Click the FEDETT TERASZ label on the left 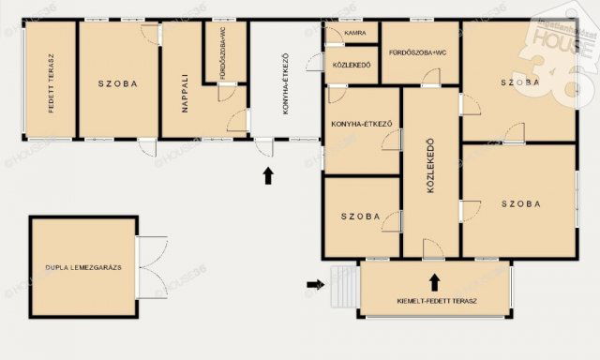(x=52, y=82)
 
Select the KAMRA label (x=354, y=33)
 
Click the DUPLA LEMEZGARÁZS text (x=82, y=267)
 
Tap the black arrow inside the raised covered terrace (x=434, y=280)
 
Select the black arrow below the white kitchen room (x=268, y=174)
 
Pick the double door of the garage (x=151, y=266)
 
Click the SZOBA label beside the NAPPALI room (x=118, y=83)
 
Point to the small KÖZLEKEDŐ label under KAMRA (x=352, y=65)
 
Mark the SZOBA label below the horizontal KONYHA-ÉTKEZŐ (x=360, y=216)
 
